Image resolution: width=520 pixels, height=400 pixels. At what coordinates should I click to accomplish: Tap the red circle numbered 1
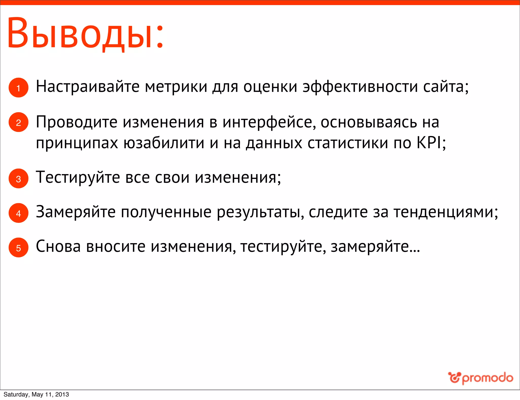pos(18,88)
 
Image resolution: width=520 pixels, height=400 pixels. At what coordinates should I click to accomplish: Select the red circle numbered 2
pos(18,122)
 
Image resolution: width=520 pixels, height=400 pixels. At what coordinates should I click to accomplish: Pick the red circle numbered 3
pos(18,179)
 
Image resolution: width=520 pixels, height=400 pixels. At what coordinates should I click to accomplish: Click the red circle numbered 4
pos(18,213)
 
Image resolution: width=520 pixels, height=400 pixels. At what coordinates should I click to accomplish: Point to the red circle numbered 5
pos(18,248)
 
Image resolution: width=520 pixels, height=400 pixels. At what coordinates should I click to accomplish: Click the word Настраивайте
pos(88,87)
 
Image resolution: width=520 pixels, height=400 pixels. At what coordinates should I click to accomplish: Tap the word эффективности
pos(360,87)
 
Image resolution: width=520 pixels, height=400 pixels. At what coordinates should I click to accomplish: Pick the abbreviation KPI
pos(429,143)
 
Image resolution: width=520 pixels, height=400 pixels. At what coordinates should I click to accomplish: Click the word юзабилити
pos(164,143)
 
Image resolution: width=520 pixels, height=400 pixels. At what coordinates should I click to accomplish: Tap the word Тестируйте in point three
pos(78,178)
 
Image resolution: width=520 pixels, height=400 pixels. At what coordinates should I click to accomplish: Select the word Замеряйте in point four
pos(76,212)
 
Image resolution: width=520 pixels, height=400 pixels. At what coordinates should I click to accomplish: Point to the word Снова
pos(58,247)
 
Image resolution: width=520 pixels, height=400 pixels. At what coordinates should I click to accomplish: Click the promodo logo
pos(480,378)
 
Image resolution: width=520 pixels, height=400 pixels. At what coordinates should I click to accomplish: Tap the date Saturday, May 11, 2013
pos(36,394)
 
